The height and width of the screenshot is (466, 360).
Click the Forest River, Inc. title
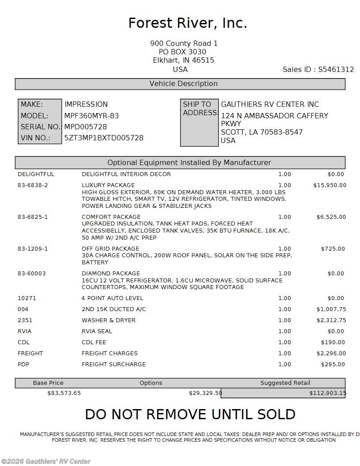pos(187,23)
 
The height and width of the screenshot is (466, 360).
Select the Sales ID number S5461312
pos(336,70)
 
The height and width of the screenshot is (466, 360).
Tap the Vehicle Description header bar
pos(180,84)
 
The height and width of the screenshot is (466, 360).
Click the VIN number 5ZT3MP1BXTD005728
pos(104,138)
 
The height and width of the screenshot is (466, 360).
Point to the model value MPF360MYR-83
pos(91,116)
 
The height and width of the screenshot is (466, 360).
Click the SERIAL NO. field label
pos(40,127)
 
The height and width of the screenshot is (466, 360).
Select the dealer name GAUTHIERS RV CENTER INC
pos(270,105)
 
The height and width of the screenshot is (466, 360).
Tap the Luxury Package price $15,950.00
pos(330,185)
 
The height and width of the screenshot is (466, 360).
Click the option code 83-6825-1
pos(33,217)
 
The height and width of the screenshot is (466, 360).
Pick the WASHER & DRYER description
pos(109,320)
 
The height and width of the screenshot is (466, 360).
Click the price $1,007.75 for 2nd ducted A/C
pos(331,309)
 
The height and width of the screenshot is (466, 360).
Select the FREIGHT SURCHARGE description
pos(113,365)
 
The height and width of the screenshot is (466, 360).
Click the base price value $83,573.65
pos(64,393)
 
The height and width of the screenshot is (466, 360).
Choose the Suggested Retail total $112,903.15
pos(327,393)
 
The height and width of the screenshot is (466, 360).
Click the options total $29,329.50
pos(205,393)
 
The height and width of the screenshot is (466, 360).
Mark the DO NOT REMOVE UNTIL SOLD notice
pos(190,415)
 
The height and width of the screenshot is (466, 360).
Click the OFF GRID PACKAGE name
pos(110,249)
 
